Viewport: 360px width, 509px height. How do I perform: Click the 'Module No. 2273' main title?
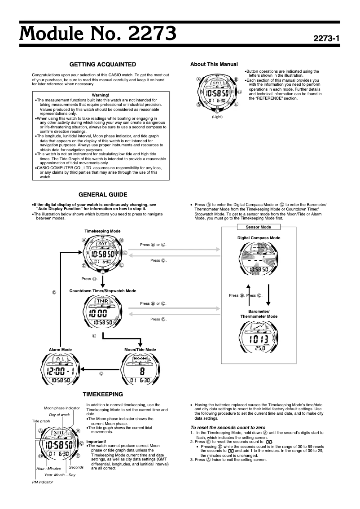(97, 33)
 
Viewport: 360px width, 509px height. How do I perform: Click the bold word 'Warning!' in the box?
(100, 95)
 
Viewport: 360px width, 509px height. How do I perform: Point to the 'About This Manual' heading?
(214, 64)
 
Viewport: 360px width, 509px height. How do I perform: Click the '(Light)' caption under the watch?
(217, 117)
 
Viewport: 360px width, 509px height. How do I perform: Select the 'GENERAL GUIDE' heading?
(103, 194)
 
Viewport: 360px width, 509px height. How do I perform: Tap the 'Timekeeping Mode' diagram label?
(102, 230)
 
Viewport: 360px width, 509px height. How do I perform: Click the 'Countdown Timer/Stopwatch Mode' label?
(103, 291)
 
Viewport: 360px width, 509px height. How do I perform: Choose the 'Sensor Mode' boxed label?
(259, 227)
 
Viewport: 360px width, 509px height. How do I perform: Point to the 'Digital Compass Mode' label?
(259, 238)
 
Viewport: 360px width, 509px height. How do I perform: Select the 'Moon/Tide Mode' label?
(140, 349)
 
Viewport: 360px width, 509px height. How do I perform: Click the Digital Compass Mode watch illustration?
(259, 260)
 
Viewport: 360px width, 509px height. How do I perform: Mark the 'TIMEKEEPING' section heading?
(103, 394)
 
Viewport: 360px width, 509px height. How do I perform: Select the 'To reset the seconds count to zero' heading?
(228, 427)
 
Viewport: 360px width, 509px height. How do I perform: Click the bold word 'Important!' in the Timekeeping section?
(96, 442)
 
